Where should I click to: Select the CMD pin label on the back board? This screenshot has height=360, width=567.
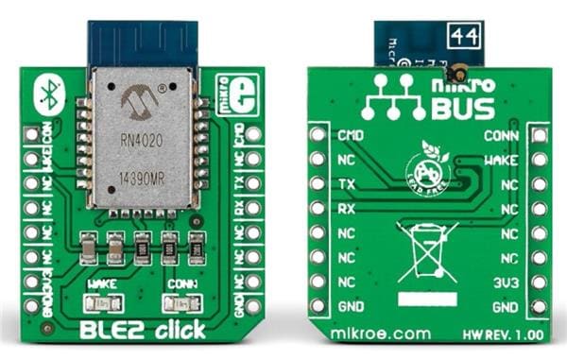[x=349, y=135]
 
